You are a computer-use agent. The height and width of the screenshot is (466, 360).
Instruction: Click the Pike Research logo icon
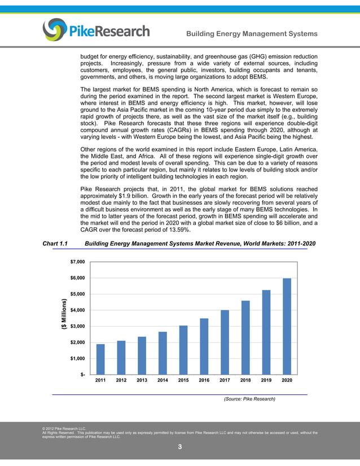pyautogui.click(x=54, y=30)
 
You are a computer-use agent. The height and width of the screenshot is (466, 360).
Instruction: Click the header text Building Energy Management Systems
pyautogui.click(x=252, y=34)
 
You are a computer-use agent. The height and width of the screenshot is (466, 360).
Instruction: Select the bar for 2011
pyautogui.click(x=100, y=359)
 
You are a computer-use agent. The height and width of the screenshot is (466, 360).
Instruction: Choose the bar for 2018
pyautogui.click(x=245, y=337)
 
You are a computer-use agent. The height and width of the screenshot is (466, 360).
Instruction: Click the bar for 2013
pyautogui.click(x=142, y=355)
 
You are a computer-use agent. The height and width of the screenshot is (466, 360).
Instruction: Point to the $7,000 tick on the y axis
pyautogui.click(x=78, y=262)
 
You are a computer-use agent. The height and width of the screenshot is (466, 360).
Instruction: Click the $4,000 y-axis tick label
pyautogui.click(x=78, y=310)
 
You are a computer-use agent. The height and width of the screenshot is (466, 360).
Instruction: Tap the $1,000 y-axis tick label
pyautogui.click(x=78, y=359)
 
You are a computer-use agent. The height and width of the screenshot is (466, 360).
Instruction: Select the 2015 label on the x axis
pyautogui.click(x=183, y=381)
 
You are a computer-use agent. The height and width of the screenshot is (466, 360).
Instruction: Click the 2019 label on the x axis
pyautogui.click(x=266, y=381)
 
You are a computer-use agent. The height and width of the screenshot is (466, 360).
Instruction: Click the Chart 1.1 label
pyautogui.click(x=55, y=244)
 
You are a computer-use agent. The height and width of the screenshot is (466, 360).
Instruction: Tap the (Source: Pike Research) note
pyautogui.click(x=249, y=399)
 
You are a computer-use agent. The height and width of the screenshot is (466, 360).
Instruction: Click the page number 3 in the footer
pyautogui.click(x=179, y=447)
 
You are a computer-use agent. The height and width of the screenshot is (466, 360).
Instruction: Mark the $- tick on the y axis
pyautogui.click(x=82, y=375)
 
